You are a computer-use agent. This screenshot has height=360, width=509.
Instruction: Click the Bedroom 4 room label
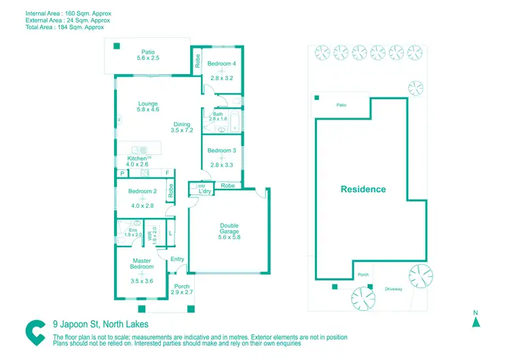point(221,64)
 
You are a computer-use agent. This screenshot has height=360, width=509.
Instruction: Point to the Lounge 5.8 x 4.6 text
point(148,107)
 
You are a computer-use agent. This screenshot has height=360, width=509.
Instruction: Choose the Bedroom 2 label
point(143,192)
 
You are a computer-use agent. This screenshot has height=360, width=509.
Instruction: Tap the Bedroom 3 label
point(221,150)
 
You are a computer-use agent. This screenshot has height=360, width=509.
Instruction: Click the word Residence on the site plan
point(363,190)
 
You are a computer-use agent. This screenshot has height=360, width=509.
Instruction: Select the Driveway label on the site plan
point(394,289)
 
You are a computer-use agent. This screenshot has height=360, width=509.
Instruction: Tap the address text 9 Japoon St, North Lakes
point(100,325)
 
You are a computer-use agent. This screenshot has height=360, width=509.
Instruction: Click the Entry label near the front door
point(177,259)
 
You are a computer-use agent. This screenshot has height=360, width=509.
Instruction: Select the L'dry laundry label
point(205,192)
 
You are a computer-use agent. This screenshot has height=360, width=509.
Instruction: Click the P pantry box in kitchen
point(122,174)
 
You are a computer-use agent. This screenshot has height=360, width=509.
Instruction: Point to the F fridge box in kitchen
point(166,174)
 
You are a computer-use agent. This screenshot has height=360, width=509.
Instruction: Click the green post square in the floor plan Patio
point(117,46)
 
